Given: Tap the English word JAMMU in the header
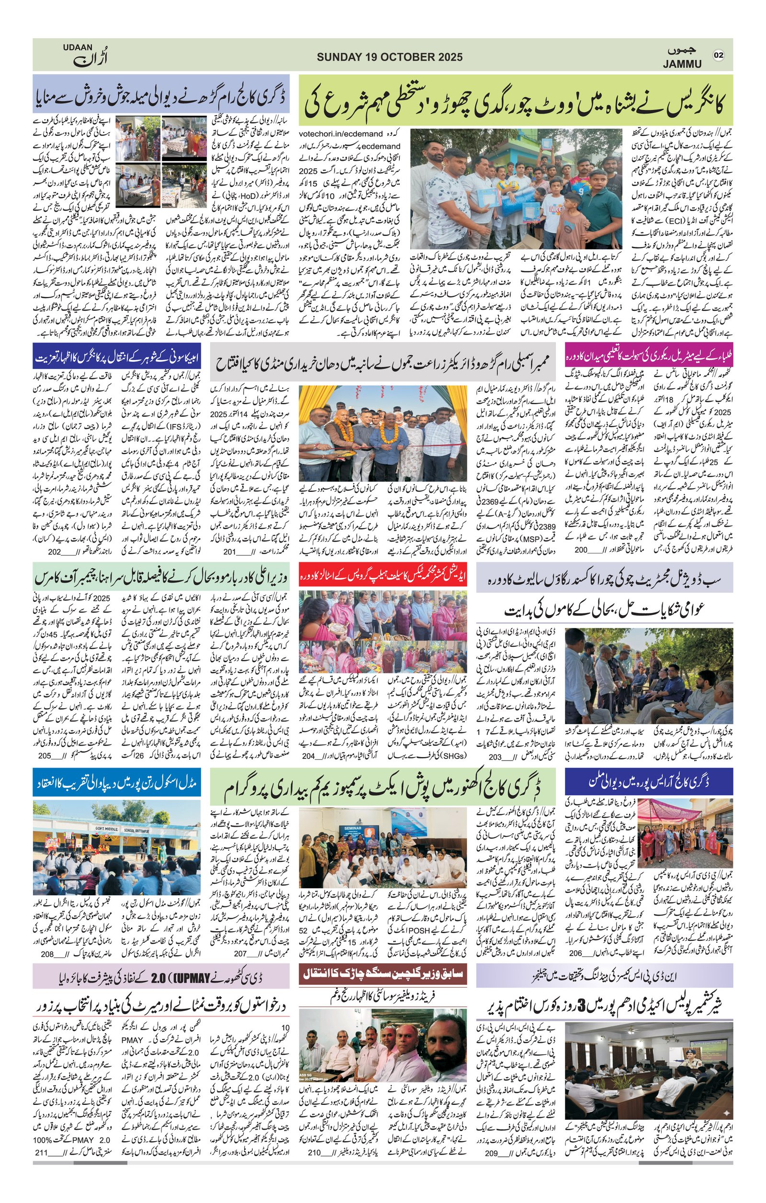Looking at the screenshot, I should [682, 64].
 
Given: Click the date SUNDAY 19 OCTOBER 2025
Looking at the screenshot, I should [389, 57].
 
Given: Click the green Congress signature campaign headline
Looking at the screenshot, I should [516, 100].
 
